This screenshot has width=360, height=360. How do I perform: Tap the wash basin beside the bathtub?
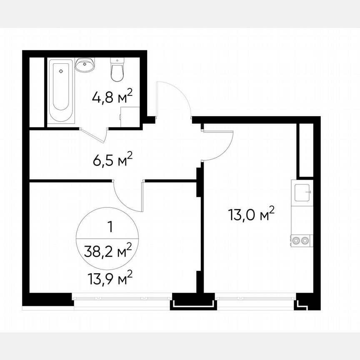tap(85, 65)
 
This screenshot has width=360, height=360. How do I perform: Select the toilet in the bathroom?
tap(116, 70)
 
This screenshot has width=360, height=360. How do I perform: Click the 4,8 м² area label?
tap(112, 98)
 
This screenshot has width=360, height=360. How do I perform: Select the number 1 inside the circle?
tap(110, 227)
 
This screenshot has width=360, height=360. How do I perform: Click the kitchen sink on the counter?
tap(302, 192)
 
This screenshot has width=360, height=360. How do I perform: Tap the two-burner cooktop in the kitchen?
tap(301, 240)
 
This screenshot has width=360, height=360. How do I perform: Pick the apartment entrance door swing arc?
tap(173, 100)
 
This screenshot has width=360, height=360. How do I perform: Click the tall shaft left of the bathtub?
tap(37, 92)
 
